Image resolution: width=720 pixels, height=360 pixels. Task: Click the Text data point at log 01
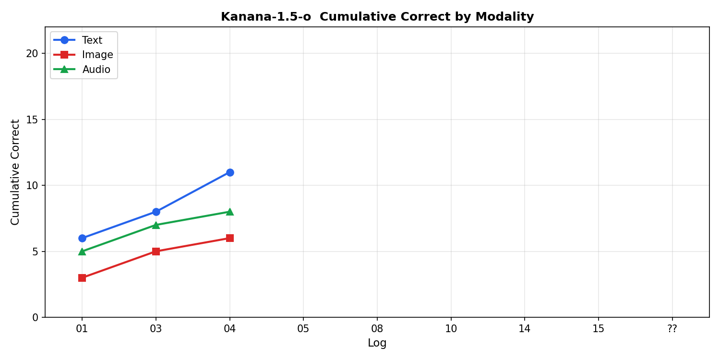pos(82,238)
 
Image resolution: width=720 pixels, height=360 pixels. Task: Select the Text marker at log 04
pos(230,172)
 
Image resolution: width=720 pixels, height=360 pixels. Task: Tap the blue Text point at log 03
pos(156,212)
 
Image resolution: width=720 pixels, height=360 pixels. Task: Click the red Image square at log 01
pos(82,278)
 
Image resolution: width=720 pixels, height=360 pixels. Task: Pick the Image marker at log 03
pos(156,252)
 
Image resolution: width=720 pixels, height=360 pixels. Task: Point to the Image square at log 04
pos(230,238)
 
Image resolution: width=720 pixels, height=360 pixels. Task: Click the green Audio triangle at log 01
pos(82,252)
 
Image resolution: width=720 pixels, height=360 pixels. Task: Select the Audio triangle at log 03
pos(156,225)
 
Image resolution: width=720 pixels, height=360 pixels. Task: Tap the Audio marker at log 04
pos(230,212)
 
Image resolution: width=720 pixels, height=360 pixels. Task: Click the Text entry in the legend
pos(92,40)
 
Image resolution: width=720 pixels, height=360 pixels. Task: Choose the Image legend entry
pos(97,55)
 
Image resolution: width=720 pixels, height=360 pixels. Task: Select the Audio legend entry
pos(96,70)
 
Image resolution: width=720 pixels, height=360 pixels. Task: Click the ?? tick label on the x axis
pos(672,329)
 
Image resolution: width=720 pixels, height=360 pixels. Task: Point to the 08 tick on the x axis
pos(377,329)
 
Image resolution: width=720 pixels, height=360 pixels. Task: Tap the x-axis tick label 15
pos(598,329)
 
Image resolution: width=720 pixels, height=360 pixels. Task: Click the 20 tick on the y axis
pos(32,53)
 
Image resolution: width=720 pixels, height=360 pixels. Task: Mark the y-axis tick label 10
pos(32,185)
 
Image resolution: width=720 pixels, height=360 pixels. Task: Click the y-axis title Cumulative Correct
pos(15,172)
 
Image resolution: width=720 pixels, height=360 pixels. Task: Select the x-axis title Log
pos(377,343)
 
